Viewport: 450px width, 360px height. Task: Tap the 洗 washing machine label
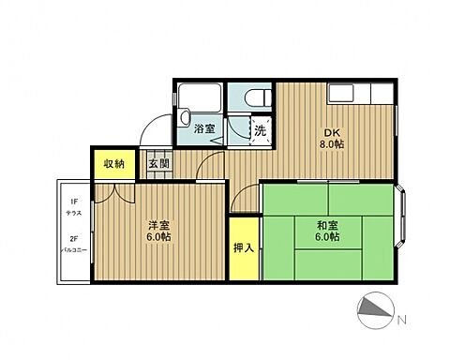260,131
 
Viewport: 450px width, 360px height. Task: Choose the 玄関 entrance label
158,163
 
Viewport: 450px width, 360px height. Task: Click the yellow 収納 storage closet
113,163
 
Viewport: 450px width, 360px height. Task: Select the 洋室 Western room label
157,224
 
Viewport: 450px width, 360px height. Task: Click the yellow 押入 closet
241,248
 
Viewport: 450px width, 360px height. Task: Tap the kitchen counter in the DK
356,95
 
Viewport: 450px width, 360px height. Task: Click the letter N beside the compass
402,320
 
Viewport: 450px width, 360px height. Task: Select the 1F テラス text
72,206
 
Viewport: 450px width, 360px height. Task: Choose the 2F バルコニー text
72,245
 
